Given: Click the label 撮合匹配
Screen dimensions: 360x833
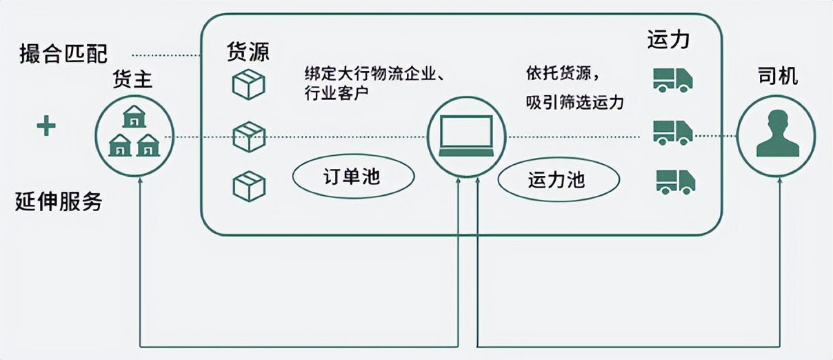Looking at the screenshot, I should point(63,54).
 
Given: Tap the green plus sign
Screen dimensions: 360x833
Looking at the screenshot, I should point(46,126).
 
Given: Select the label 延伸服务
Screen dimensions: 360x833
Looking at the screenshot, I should point(59,201).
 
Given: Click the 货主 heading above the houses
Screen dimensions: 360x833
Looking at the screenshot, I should point(132,81).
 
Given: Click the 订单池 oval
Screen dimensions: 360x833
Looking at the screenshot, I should point(353,177).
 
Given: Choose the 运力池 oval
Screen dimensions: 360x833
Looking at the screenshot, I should point(559,180).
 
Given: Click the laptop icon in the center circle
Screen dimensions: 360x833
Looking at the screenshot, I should point(467,136).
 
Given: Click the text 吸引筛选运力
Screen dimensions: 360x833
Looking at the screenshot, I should point(574,103).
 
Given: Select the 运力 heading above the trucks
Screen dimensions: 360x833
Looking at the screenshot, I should point(668,39).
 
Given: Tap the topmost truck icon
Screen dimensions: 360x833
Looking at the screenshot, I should point(672,79).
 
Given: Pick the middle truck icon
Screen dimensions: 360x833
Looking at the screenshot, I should point(672,132).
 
